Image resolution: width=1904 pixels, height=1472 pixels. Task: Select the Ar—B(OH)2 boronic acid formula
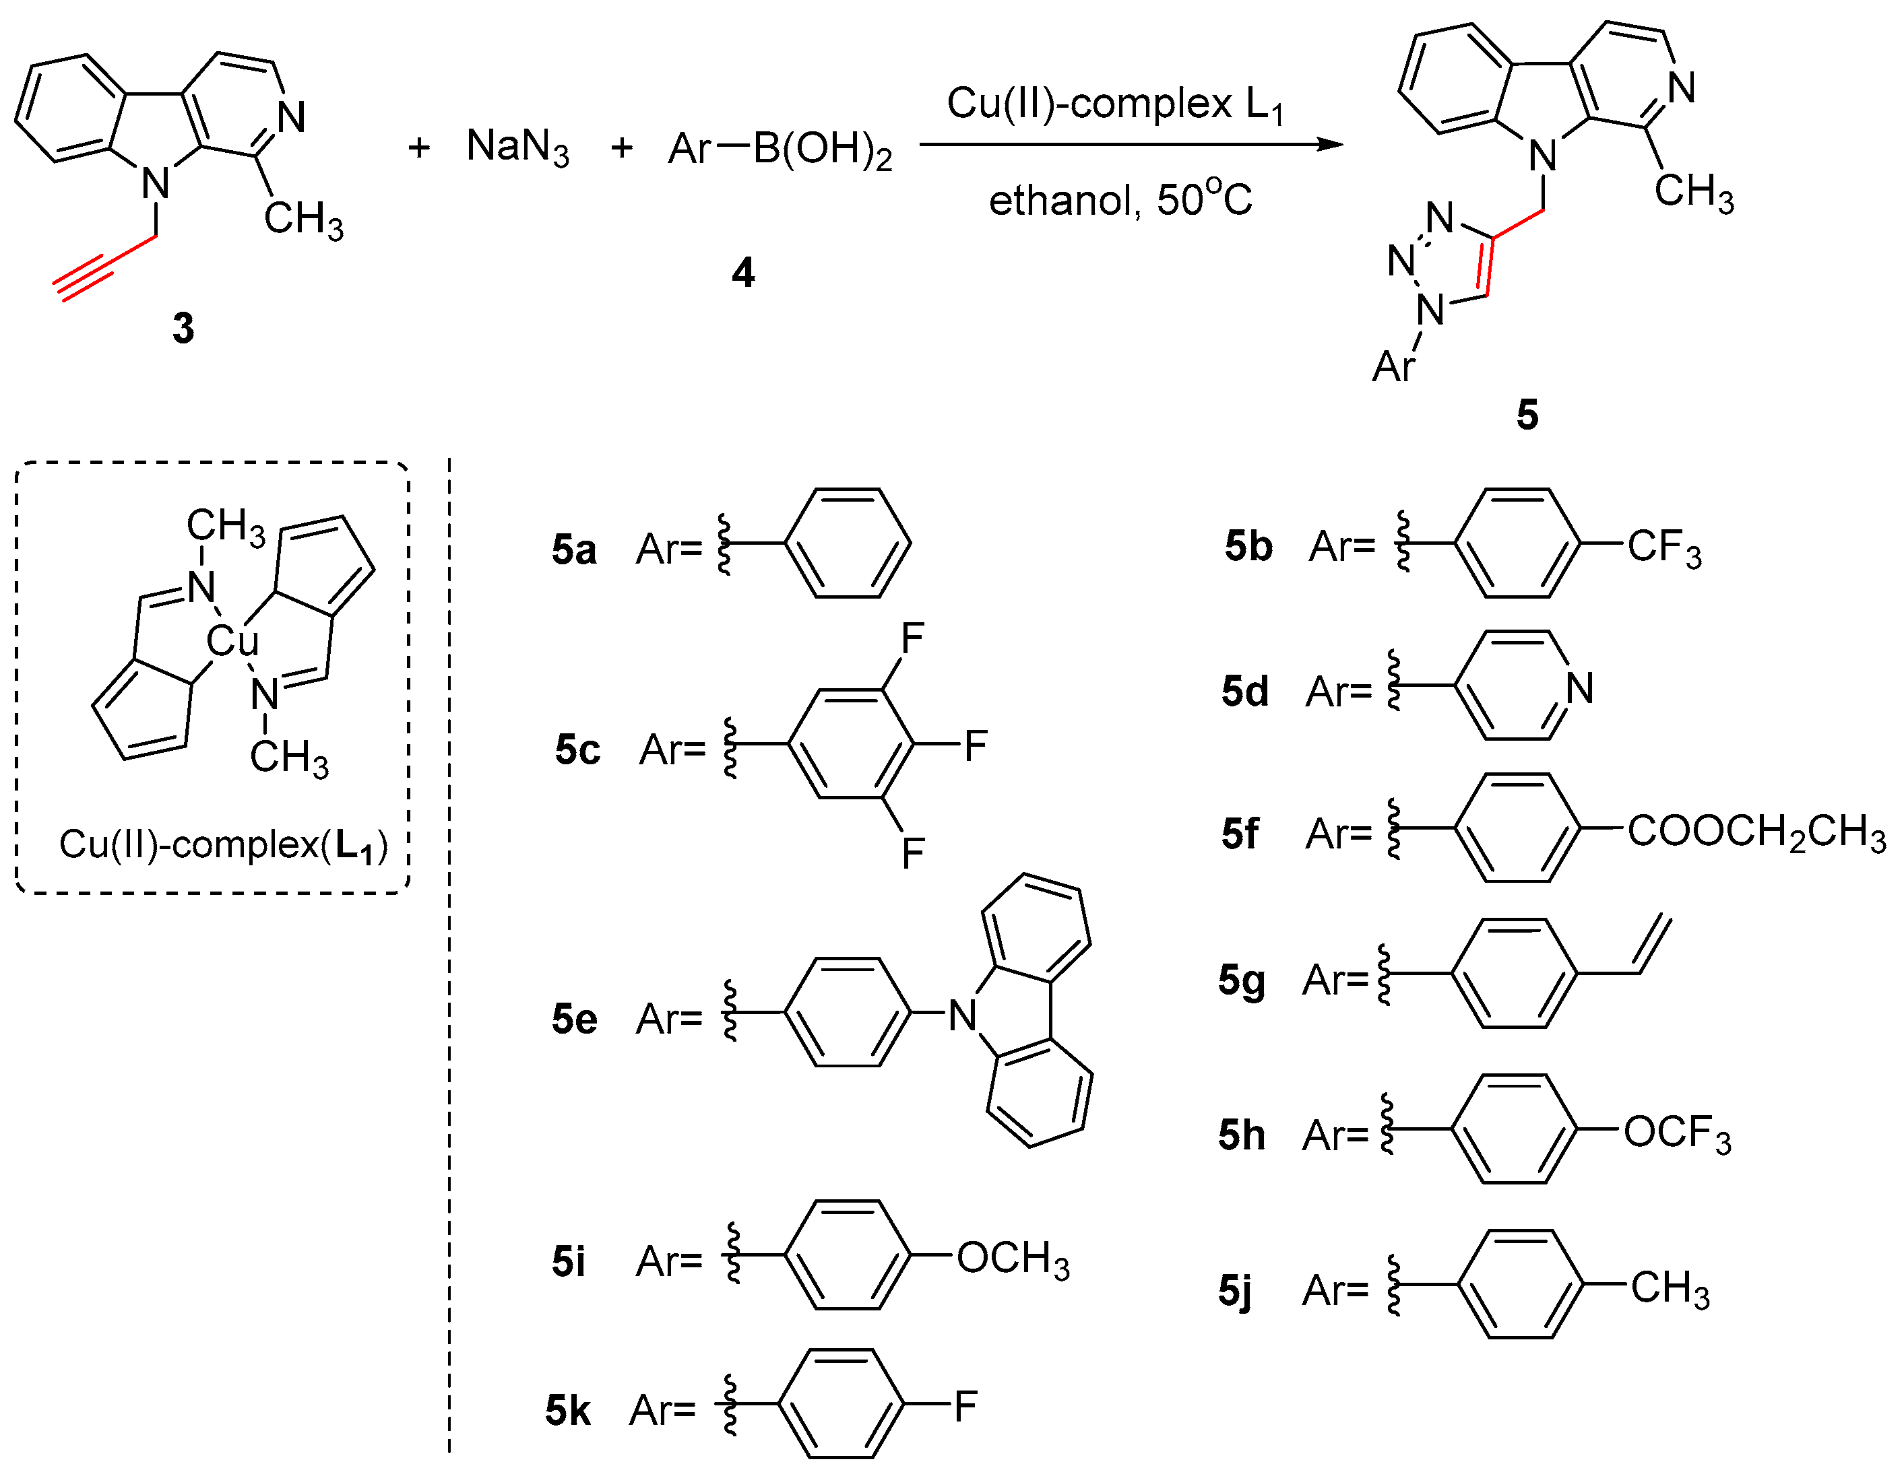coord(780,149)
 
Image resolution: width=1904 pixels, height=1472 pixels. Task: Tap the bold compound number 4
coord(742,273)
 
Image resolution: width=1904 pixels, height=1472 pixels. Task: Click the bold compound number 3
coord(183,329)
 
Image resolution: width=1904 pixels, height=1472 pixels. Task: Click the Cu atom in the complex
coord(232,642)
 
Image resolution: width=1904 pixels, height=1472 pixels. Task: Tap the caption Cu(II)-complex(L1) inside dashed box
coord(223,844)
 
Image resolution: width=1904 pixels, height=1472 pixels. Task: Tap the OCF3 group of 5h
coord(1676,1134)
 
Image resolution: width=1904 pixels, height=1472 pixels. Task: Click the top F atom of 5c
coord(912,639)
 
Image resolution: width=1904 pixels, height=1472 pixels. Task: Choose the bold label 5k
coord(567,1410)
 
